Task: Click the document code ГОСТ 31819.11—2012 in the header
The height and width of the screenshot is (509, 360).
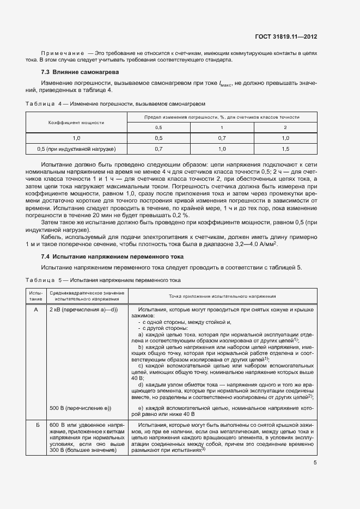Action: [x=286, y=36]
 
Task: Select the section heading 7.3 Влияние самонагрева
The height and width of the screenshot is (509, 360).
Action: [x=80, y=72]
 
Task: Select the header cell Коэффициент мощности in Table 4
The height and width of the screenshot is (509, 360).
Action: [x=76, y=122]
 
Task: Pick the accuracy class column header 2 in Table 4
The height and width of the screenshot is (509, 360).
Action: [x=285, y=127]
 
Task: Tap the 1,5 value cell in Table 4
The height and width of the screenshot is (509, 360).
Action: [x=285, y=149]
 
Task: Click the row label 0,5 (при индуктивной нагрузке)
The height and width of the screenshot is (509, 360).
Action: [x=76, y=149]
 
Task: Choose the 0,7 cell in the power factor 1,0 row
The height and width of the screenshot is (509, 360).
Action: [x=222, y=138]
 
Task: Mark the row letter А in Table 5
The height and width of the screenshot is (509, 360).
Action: [x=36, y=309]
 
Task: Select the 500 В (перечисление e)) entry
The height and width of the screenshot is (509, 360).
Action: [x=80, y=408]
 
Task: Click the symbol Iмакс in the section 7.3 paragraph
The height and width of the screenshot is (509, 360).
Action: [x=224, y=84]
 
